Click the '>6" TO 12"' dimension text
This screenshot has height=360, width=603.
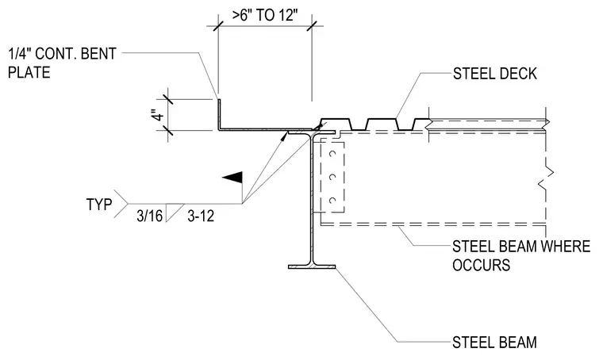[265, 15]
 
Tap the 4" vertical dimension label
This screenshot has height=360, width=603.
[158, 115]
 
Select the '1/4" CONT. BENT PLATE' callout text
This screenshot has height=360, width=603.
[62, 63]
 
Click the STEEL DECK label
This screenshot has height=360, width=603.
[494, 74]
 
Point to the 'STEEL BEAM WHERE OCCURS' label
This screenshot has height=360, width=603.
[521, 255]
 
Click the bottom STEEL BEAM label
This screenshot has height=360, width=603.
[494, 343]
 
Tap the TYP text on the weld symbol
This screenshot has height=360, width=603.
[99, 205]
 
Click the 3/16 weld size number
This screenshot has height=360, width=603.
[150, 216]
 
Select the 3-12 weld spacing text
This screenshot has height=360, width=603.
[201, 216]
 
